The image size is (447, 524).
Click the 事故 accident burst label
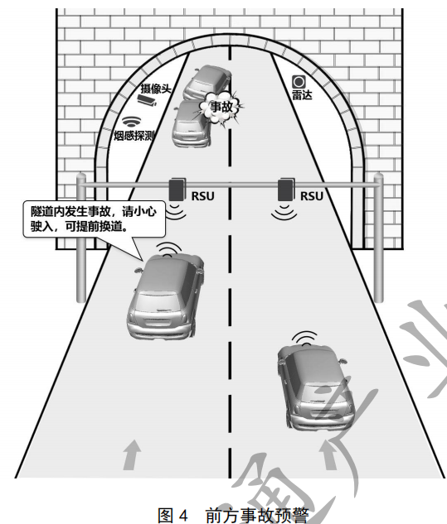(x=221, y=107)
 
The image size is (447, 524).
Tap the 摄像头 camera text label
(x=155, y=88)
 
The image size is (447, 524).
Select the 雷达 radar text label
(x=300, y=98)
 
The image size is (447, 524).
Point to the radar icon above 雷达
(x=299, y=82)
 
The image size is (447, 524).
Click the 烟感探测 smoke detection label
(x=134, y=135)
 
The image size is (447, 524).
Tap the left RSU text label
(x=203, y=196)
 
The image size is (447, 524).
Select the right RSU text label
(x=312, y=196)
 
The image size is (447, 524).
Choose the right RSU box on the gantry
(x=287, y=190)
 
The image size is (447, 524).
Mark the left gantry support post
(x=80, y=240)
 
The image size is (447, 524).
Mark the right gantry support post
(x=378, y=240)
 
